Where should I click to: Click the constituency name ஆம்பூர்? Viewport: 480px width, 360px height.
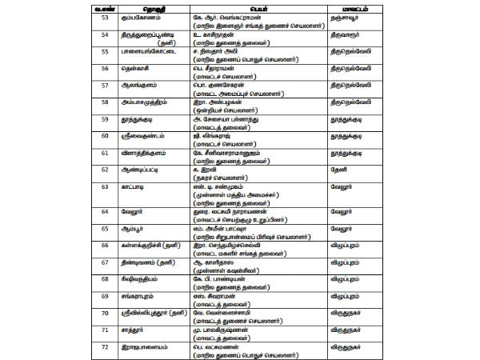(x=111, y=228)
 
